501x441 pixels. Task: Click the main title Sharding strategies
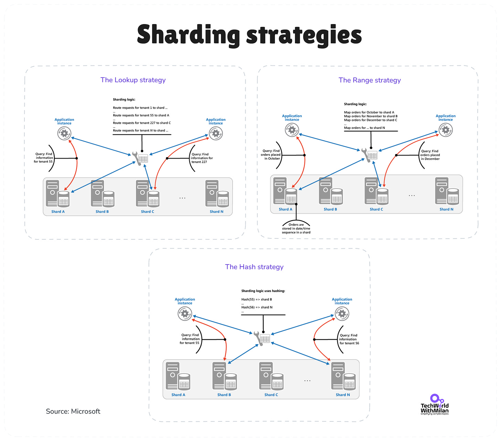point(249,35)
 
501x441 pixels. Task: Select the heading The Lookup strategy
point(133,80)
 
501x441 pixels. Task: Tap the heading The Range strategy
point(370,80)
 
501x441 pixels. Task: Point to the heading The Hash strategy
point(254,267)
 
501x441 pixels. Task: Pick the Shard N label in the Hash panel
point(343,395)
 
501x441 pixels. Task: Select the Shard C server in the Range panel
point(376,191)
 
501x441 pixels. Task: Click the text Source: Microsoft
point(73,411)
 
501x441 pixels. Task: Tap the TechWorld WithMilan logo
point(435,405)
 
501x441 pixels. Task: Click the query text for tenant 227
point(202,158)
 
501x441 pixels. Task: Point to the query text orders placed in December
point(430,155)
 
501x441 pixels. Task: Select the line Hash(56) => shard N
point(257,308)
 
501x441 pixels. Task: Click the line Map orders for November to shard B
point(371,116)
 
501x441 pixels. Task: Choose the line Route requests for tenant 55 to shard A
point(141,116)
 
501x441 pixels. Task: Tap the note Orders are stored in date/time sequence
point(296,229)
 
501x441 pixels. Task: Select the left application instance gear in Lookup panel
point(64,133)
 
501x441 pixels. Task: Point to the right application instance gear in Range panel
point(446,130)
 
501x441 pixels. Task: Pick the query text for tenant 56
point(349,339)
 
